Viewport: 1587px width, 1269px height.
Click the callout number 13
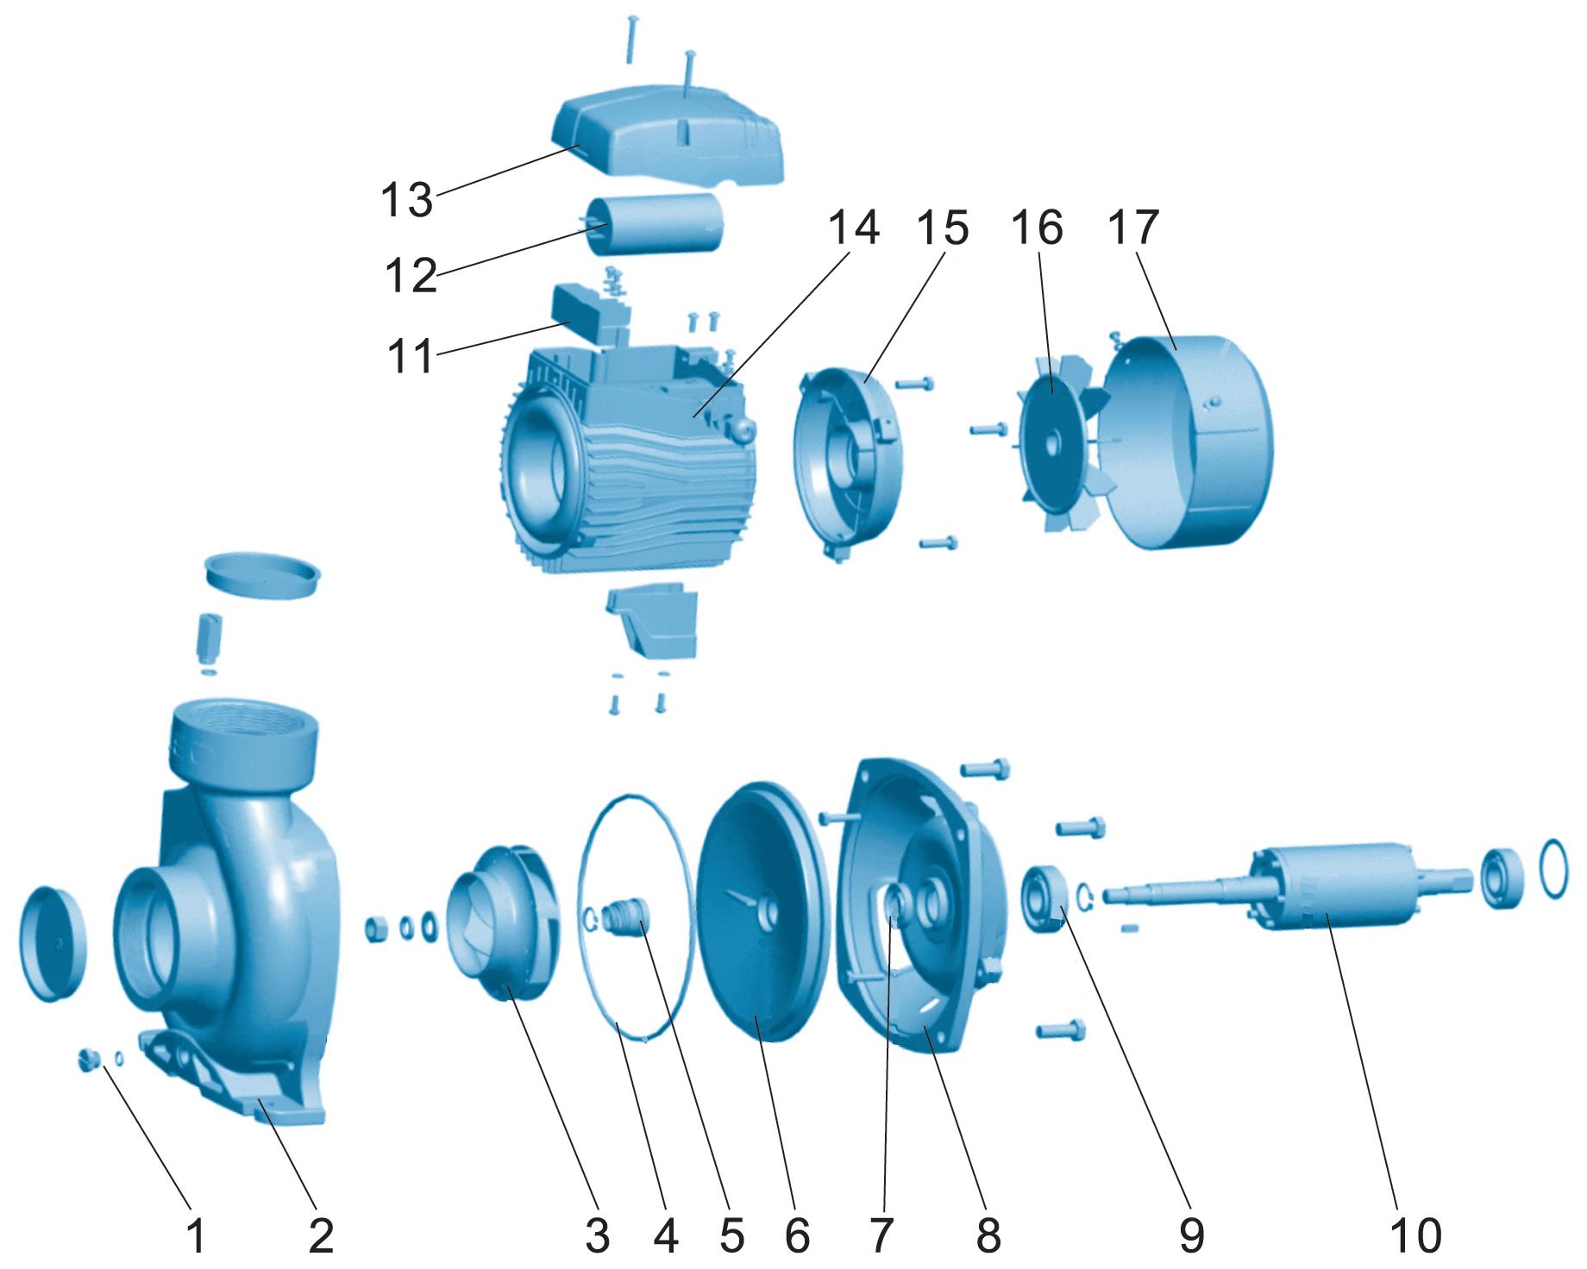click(x=407, y=200)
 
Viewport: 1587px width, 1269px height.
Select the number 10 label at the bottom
click(x=1416, y=1236)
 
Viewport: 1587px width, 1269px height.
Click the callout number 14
click(x=854, y=228)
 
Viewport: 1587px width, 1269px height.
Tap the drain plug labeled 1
click(x=86, y=1059)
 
